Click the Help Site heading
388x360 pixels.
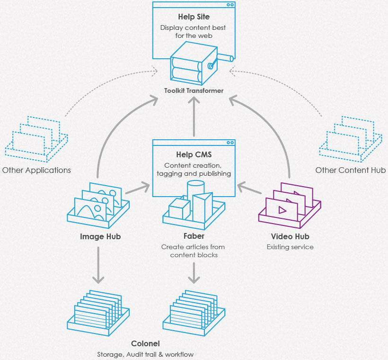tap(194, 17)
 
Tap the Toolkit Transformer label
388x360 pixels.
tap(194, 90)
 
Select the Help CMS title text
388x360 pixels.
tap(194, 154)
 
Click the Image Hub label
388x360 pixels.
tap(100, 236)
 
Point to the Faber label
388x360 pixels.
tap(194, 236)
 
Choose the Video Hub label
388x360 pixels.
tap(290, 236)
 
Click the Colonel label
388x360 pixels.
tap(145, 343)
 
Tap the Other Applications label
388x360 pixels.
tap(36, 170)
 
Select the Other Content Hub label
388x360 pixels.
tap(351, 170)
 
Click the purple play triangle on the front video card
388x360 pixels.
tap(282, 210)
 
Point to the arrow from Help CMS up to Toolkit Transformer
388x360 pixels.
tap(194, 117)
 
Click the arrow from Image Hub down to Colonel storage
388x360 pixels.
tap(98, 265)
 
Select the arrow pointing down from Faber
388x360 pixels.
tap(194, 273)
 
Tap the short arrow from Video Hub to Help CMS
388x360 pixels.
tap(249, 188)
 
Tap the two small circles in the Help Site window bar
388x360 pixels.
tap(230, 5)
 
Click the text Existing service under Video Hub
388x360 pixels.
tap(290, 247)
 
